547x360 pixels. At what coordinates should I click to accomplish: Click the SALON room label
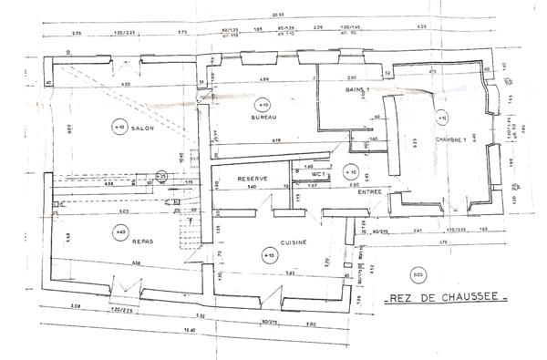tap(142, 129)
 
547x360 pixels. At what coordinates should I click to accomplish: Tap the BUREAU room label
tap(263, 118)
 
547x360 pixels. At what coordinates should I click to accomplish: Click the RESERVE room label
tap(250, 178)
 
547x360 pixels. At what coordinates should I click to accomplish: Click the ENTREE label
tap(369, 191)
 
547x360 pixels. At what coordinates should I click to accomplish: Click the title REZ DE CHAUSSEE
tap(444, 298)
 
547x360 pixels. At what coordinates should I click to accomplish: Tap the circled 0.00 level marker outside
tap(418, 275)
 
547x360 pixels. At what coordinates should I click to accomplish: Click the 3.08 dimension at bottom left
tap(73, 311)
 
